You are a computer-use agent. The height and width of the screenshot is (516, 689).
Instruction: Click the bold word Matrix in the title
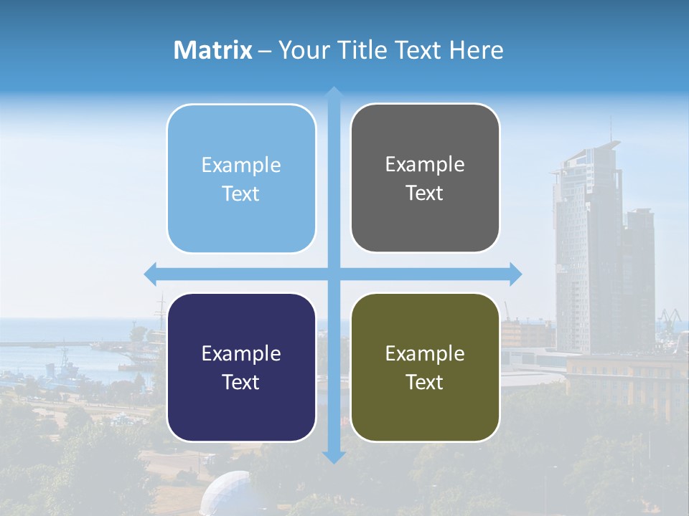pyautogui.click(x=213, y=50)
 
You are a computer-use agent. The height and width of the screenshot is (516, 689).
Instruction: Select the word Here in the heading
pyautogui.click(x=476, y=50)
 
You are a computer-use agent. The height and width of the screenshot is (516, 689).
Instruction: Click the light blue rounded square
pyautogui.click(x=241, y=178)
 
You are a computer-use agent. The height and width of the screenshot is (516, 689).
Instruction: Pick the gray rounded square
pyautogui.click(x=425, y=178)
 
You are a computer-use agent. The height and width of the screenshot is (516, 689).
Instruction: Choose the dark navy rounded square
pyautogui.click(x=241, y=367)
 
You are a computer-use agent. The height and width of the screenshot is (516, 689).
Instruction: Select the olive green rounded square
pyautogui.click(x=425, y=367)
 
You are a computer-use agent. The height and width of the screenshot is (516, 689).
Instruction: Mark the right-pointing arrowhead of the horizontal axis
pyautogui.click(x=515, y=274)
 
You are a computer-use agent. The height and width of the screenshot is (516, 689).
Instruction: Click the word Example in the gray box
pyautogui.click(x=425, y=165)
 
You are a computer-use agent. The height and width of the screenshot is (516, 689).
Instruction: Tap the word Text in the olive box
pyautogui.click(x=425, y=382)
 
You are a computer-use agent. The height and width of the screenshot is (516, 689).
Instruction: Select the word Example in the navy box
pyautogui.click(x=241, y=353)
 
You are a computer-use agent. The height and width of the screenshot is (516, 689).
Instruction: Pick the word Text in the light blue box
pyautogui.click(x=241, y=193)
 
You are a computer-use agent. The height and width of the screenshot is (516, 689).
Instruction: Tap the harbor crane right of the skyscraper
pyautogui.click(x=670, y=316)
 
